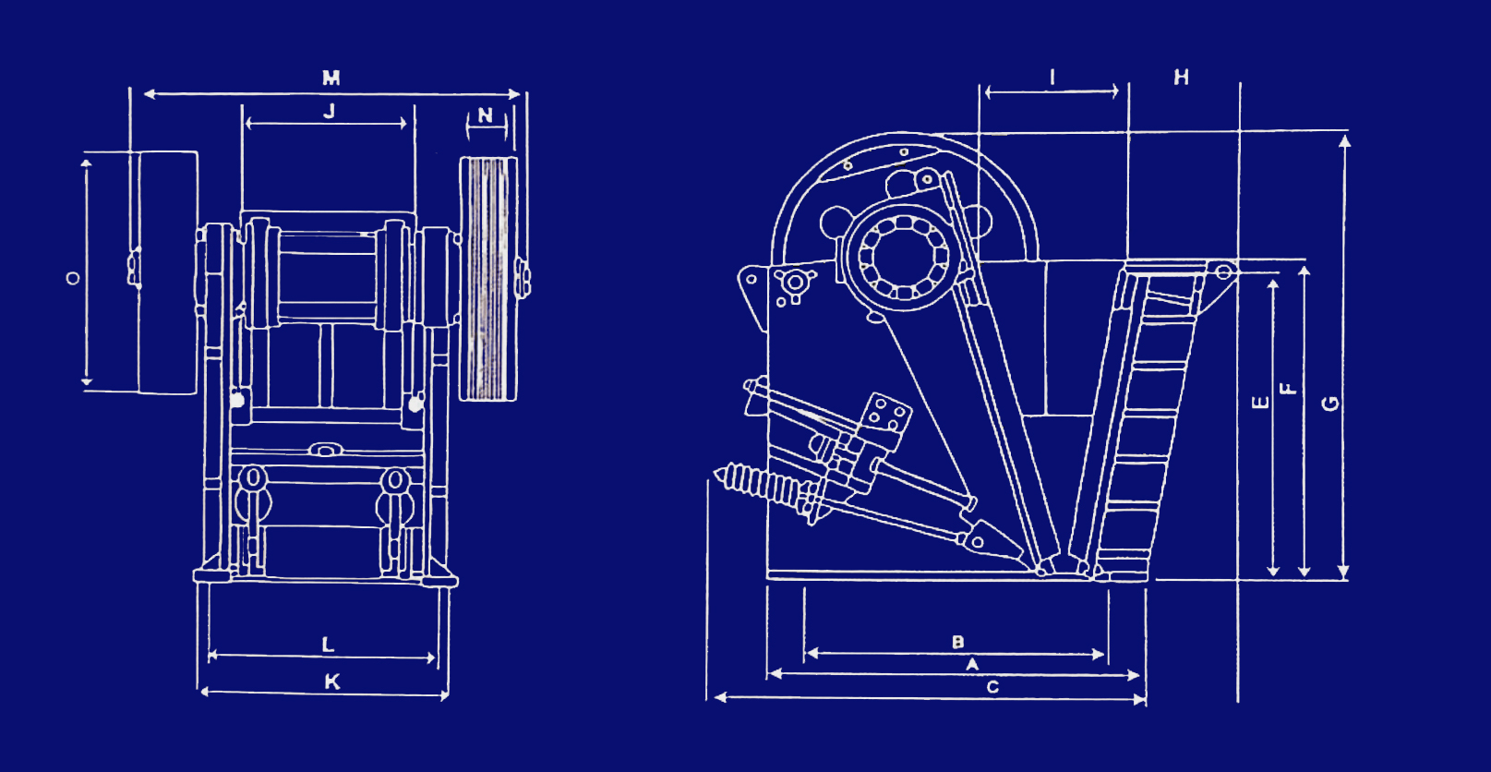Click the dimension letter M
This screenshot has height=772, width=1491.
coord(331,78)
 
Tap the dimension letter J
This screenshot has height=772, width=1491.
coord(329,111)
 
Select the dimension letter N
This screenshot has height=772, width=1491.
coord(486,115)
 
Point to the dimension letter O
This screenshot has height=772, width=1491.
coord(73,278)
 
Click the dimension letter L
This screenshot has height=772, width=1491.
coord(328,645)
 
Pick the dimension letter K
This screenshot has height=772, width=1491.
coord(332,682)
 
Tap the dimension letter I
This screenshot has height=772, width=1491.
coord(1052,78)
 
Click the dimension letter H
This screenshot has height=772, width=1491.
coord(1182,78)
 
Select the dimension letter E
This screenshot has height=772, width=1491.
coord(1260,403)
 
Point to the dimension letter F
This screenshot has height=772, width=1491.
coord(1289,389)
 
